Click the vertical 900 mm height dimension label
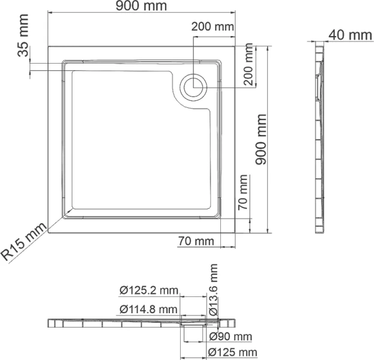[x=261, y=139]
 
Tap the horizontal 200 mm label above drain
[x=213, y=26]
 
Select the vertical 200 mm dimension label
[x=250, y=66]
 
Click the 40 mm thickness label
[x=351, y=34]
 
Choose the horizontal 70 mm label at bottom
[x=196, y=241]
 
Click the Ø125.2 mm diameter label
[x=148, y=291]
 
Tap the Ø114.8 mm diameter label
[x=148, y=310]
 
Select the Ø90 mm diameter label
[x=231, y=336]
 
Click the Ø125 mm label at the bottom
[x=232, y=352]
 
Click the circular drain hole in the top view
[x=195, y=88]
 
